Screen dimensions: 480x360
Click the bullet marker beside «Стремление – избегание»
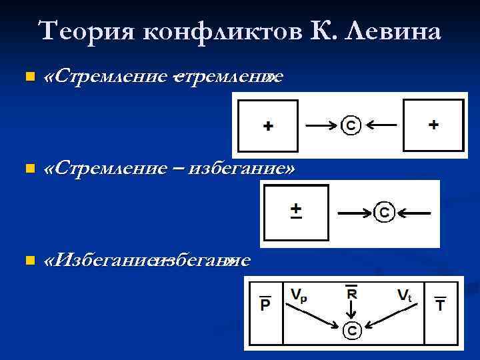[27, 169]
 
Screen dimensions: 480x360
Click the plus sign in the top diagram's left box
[267, 126]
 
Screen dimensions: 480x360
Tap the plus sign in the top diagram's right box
[433, 125]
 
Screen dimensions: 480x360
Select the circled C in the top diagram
[351, 125]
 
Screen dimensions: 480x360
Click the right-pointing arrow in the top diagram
[321, 125]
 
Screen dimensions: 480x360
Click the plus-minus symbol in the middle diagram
[296, 210]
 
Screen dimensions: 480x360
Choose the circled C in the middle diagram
[384, 213]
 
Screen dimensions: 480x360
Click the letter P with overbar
[265, 303]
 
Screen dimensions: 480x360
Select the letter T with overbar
[441, 303]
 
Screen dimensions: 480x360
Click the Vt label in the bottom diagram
[406, 294]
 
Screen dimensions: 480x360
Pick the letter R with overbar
[351, 293]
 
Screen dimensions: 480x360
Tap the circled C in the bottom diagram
[352, 329]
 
